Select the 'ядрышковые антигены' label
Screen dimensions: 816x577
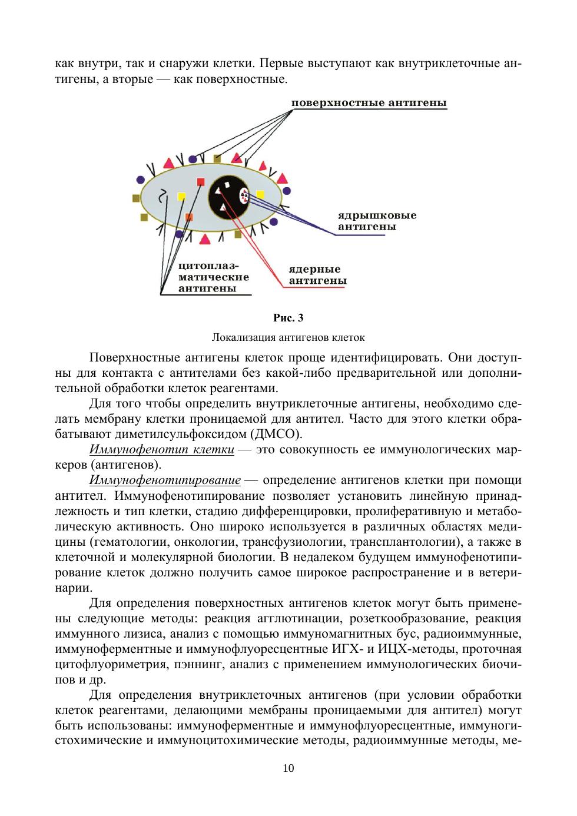pyautogui.click(x=377, y=221)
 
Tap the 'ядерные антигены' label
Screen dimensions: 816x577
pyautogui.click(x=317, y=275)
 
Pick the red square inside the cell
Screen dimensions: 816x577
pyautogui.click(x=201, y=181)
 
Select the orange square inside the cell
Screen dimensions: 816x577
pyautogui.click(x=189, y=217)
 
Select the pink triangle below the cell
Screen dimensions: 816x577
pyautogui.click(x=205, y=238)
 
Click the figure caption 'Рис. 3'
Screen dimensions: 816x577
pyautogui.click(x=288, y=319)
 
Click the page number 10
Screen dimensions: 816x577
pyautogui.click(x=288, y=768)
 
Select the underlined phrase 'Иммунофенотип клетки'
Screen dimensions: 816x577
pyautogui.click(x=162, y=450)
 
